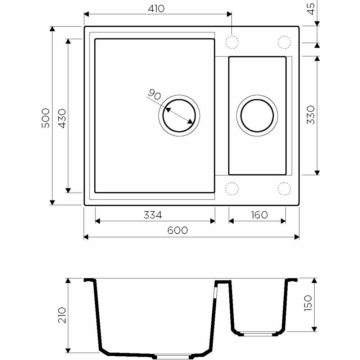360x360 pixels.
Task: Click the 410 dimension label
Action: [156, 9]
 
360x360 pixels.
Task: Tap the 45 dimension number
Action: [311, 9]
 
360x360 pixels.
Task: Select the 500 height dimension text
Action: [45, 118]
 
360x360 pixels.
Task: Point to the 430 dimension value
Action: [62, 118]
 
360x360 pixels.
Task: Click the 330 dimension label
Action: [311, 115]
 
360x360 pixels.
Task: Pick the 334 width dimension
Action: [153, 215]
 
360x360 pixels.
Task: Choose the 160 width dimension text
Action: [259, 215]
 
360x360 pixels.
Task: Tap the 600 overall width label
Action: [177, 230]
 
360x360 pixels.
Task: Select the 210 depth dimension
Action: [62, 315]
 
